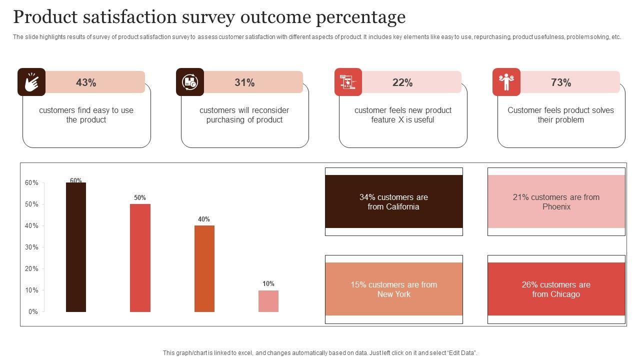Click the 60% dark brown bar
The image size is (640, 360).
[x=76, y=247]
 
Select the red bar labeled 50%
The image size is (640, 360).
[x=140, y=257]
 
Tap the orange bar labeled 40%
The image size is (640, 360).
[x=204, y=268]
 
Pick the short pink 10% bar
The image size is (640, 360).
[x=268, y=301]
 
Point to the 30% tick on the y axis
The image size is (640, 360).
[x=31, y=247]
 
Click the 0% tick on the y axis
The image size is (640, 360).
[x=33, y=311]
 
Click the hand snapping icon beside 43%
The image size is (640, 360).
[x=31, y=82]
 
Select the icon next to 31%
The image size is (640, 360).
[x=190, y=82]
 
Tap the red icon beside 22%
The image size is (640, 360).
[x=348, y=82]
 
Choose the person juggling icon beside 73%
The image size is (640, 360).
[x=506, y=82]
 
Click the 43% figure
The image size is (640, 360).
[x=86, y=82]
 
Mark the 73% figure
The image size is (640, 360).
[x=561, y=82]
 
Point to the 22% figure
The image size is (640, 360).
[x=402, y=82]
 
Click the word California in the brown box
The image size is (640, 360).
[x=401, y=206]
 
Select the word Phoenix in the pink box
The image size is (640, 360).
[x=556, y=206]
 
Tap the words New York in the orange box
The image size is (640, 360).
[x=393, y=294]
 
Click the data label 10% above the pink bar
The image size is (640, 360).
[x=268, y=283]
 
